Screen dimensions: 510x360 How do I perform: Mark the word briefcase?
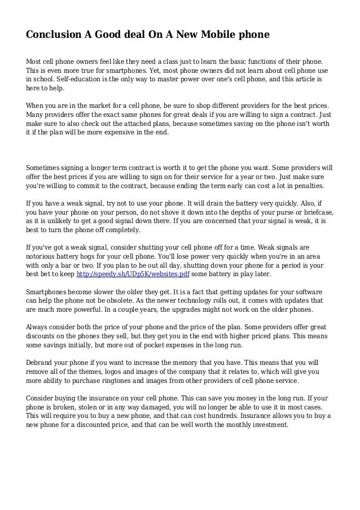(317, 213)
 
